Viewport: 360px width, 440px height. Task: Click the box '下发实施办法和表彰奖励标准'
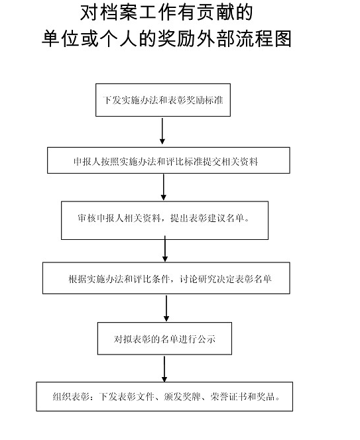(163, 100)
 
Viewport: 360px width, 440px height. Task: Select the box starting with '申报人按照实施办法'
(168, 160)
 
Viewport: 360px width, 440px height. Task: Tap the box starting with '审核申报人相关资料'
(164, 220)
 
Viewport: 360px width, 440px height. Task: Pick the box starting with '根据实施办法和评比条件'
(166, 278)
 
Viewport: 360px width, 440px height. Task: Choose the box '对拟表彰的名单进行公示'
(164, 339)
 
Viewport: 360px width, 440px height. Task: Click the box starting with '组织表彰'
(164, 396)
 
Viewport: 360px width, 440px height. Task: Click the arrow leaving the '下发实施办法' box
(162, 131)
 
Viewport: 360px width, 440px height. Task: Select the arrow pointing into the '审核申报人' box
(164, 187)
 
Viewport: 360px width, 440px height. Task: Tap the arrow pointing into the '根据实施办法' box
(165, 248)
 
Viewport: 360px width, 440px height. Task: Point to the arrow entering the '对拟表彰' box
(166, 308)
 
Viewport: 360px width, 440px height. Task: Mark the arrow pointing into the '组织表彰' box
(164, 369)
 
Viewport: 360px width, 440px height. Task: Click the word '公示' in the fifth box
(206, 339)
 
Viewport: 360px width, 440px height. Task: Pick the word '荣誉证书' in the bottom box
(229, 396)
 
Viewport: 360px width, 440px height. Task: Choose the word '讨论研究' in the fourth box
(198, 279)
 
